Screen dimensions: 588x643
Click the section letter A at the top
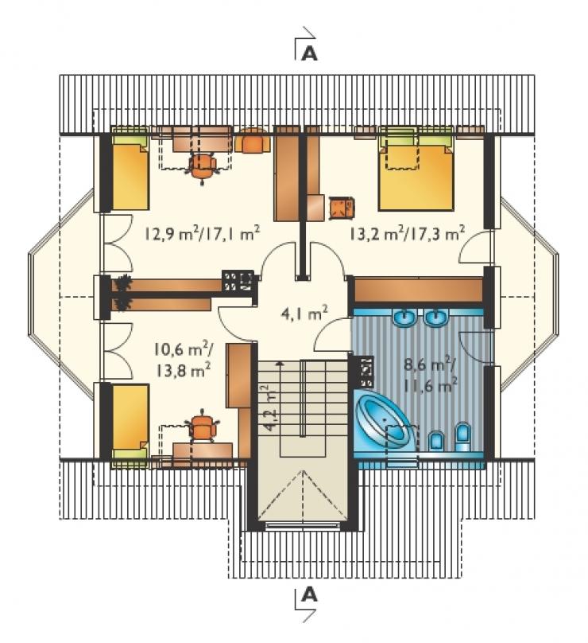click(309, 53)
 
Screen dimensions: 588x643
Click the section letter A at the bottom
click(309, 594)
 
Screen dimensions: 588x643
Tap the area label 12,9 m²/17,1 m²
click(202, 234)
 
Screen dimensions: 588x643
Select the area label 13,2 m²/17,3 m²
click(407, 234)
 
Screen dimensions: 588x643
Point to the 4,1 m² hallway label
click(304, 314)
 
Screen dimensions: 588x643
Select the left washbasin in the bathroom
click(405, 318)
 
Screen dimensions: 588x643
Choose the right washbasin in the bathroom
click(436, 318)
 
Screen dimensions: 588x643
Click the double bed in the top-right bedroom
click(416, 172)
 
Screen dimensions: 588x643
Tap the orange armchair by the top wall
click(253, 141)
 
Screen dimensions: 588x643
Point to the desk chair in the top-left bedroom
click(203, 166)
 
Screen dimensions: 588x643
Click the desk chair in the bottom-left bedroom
click(202, 427)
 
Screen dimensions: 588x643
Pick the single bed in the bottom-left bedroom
click(130, 424)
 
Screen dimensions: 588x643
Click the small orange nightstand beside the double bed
click(341, 208)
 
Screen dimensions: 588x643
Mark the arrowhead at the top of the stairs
click(280, 363)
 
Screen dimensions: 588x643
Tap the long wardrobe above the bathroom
click(418, 290)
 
